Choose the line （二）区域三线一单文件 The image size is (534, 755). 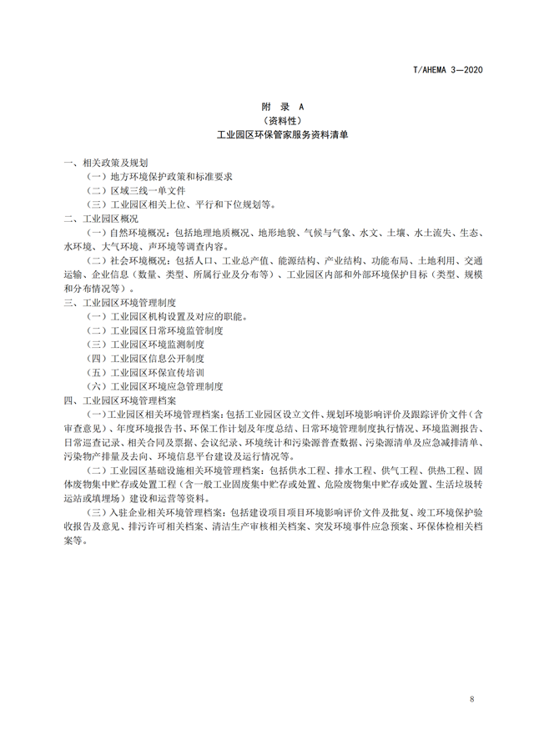138,189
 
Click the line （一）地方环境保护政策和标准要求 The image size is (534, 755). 159,176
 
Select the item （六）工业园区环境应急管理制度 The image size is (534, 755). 155,386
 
